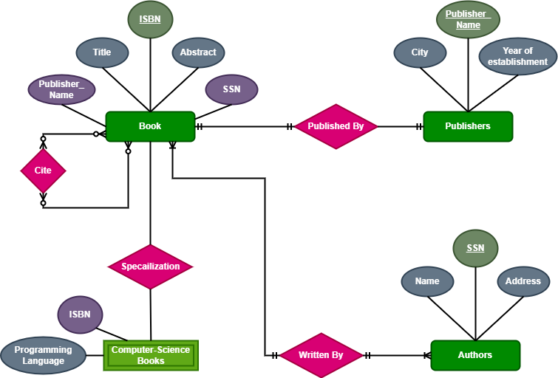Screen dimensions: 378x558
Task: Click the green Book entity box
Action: click(150, 126)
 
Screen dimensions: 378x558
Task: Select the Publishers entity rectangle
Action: click(467, 126)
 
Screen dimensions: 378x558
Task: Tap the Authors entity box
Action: click(474, 355)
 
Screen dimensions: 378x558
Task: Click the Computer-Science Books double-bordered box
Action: click(151, 355)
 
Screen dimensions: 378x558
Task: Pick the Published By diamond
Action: click(336, 126)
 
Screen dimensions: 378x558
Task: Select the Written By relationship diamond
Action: click(321, 355)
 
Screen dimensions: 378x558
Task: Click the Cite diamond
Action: click(43, 171)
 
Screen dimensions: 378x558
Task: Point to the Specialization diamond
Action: click(151, 267)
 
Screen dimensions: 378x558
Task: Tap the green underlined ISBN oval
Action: click(150, 19)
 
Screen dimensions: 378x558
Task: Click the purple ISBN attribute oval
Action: click(80, 315)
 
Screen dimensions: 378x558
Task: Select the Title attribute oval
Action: click(102, 52)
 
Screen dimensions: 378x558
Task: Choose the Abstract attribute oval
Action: click(198, 52)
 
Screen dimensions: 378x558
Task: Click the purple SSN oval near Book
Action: click(231, 89)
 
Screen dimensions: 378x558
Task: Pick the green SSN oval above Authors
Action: click(475, 248)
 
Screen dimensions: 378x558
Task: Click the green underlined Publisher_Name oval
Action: click(468, 20)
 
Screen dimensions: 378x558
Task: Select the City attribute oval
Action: click(420, 52)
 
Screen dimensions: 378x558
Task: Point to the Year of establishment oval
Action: click(517, 57)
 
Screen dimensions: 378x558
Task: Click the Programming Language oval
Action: click(43, 355)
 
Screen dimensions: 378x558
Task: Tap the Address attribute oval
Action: click(523, 281)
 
